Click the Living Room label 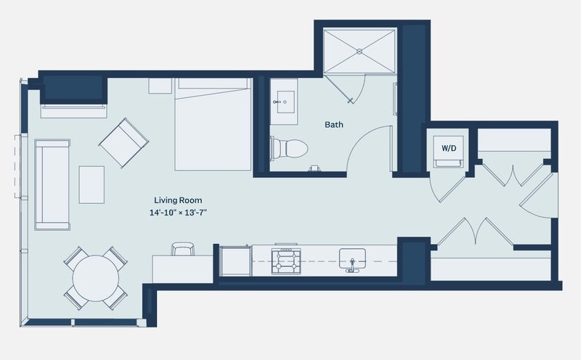point(178,200)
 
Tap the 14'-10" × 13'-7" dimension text point(178,213)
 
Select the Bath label point(334,124)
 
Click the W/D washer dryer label point(449,148)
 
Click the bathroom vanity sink point(284,102)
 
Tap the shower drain point(359,52)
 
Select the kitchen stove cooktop point(286,261)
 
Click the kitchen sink point(352,259)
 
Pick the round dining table point(96,278)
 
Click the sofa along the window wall point(52,185)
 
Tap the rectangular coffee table point(92,184)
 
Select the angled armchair point(123,142)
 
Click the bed point(213,124)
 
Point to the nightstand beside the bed point(161,86)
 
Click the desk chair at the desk point(183,249)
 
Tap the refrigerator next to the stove point(235,261)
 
